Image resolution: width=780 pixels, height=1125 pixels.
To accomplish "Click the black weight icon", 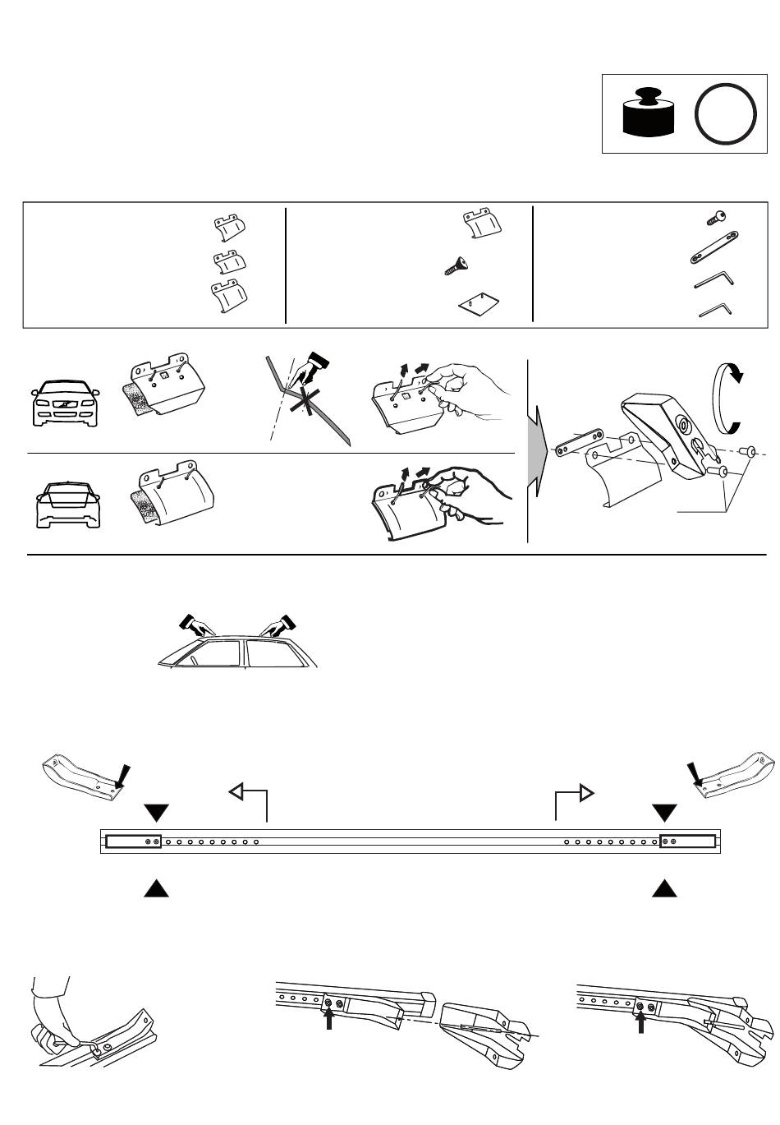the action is [x=648, y=112].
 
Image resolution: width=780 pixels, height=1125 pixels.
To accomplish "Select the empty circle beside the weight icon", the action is [x=725, y=114].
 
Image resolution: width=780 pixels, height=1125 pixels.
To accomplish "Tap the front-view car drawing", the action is [x=65, y=401].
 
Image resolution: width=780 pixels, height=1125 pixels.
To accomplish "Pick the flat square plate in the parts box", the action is [x=479, y=304].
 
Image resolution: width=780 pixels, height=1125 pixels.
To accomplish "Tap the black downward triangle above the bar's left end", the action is [x=156, y=813].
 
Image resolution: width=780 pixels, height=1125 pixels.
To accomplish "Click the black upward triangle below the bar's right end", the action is [x=665, y=888].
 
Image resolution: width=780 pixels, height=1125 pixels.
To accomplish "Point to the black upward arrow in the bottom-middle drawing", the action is [x=328, y=1019].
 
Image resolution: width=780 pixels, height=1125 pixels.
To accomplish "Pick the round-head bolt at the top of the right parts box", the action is [x=717, y=218].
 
